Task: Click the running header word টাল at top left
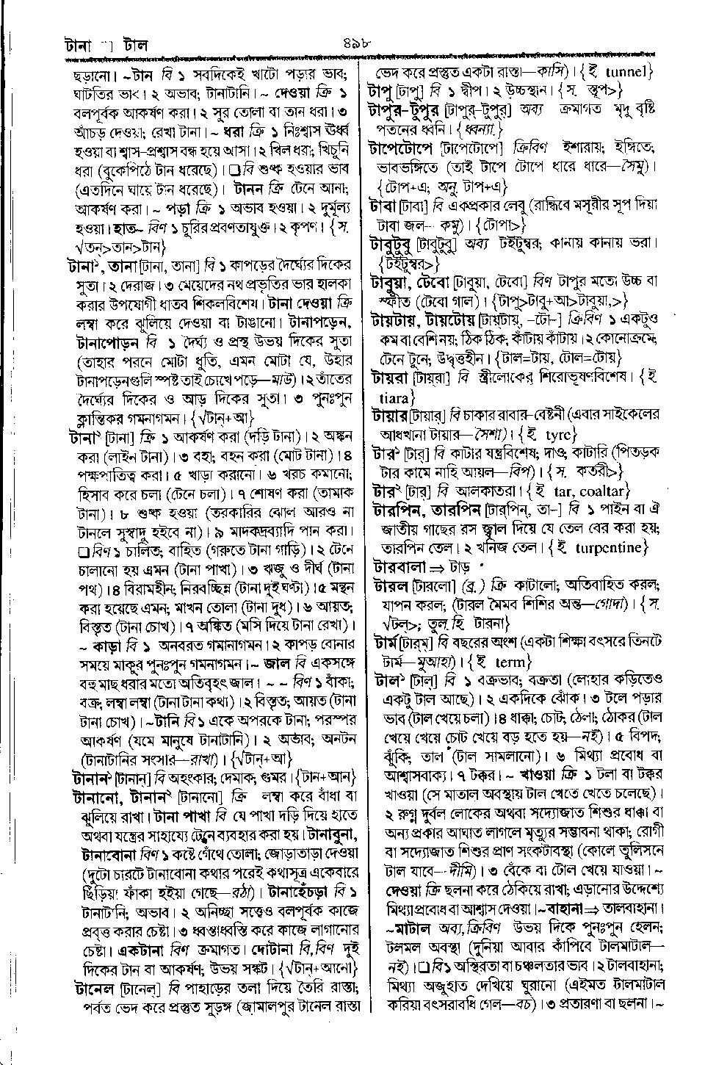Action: pos(136,46)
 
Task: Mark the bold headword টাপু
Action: pos(382,91)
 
